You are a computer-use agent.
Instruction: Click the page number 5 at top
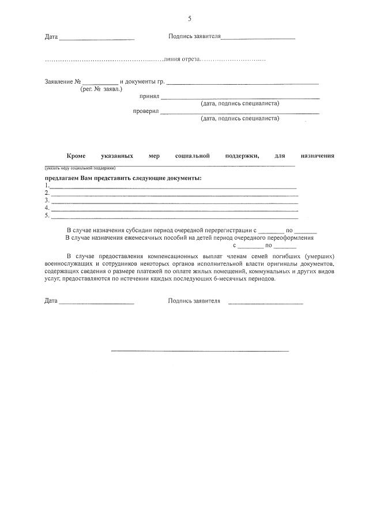(x=189, y=19)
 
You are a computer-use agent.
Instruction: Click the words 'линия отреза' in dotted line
(x=181, y=59)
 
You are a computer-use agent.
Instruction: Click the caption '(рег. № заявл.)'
(x=101, y=89)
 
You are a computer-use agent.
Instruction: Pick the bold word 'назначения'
(x=317, y=156)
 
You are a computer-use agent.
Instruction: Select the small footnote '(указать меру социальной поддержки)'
(x=80, y=168)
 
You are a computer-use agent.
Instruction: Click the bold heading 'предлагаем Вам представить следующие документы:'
(x=123, y=178)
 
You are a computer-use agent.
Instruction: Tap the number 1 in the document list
(x=47, y=186)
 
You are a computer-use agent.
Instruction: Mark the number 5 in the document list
(x=47, y=216)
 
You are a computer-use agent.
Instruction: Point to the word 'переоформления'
(x=289, y=237)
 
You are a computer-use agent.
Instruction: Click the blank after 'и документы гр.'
(x=242, y=83)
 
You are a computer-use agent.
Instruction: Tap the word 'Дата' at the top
(x=51, y=37)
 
